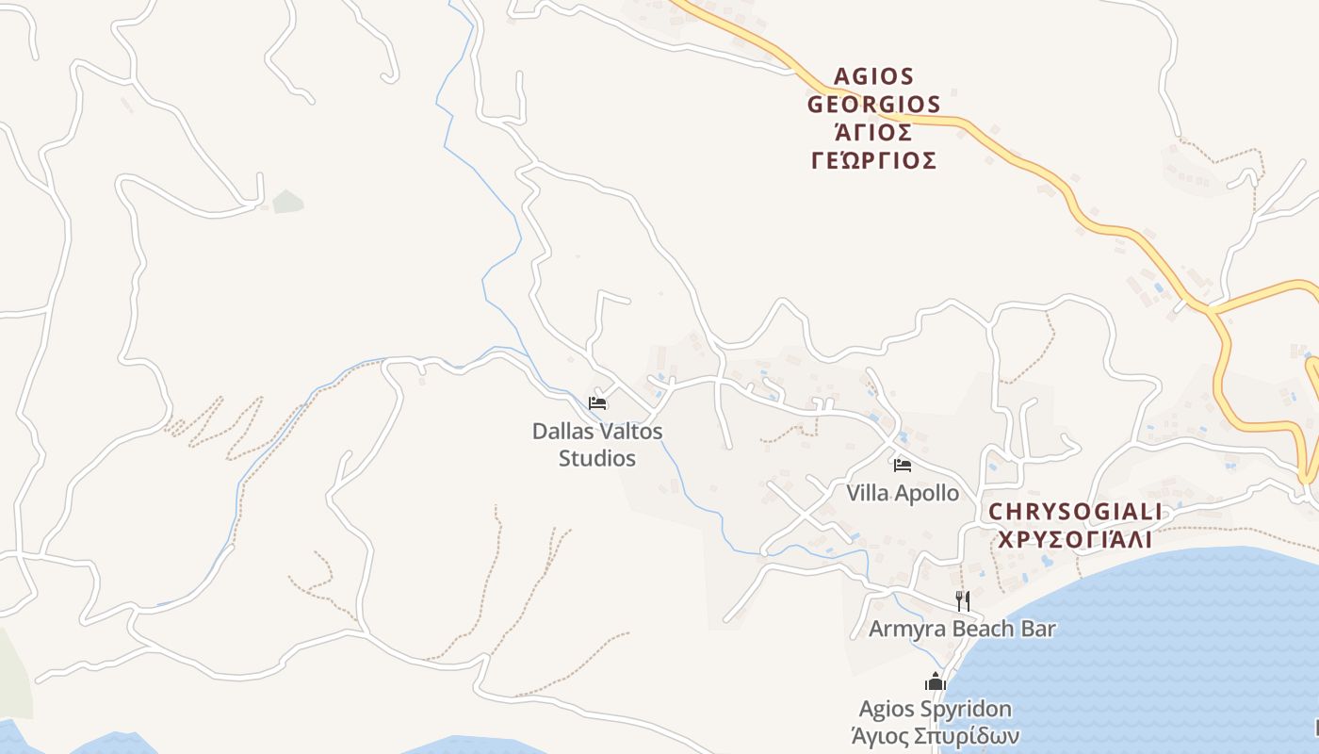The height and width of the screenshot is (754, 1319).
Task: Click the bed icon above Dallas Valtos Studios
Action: point(597,403)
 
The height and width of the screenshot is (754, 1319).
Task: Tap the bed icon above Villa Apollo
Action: point(903,465)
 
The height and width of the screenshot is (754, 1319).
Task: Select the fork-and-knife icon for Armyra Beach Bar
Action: point(962,600)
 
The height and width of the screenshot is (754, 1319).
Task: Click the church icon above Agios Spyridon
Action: point(935,681)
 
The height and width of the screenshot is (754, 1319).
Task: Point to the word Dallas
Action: point(564,432)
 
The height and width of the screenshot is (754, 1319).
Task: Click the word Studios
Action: point(597,459)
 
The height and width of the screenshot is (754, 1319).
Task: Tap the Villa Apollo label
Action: point(903,493)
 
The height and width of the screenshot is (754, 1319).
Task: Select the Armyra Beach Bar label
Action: point(962,629)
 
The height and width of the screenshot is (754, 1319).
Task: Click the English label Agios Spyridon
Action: point(935,709)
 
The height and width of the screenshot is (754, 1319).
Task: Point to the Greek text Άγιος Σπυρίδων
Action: point(935,736)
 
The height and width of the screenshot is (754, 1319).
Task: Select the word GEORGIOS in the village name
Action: point(873,104)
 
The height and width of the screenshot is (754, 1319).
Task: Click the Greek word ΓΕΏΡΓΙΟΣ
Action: point(873,160)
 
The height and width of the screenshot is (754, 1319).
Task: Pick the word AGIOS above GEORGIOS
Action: point(873,76)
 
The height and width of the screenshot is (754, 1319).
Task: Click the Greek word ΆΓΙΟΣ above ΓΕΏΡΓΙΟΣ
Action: point(873,132)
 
